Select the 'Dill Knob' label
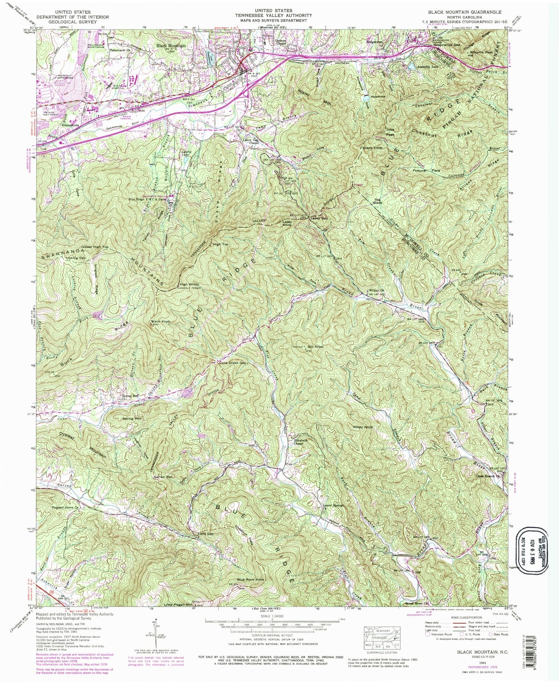(x=315, y=346)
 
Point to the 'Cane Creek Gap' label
(x=233, y=362)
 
